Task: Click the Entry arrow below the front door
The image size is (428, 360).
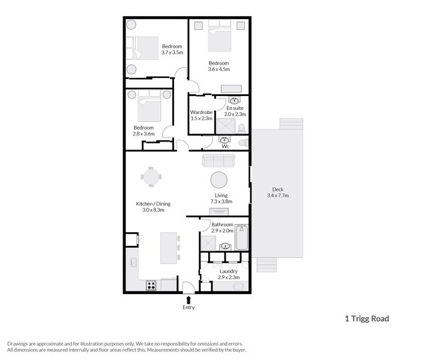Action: click(189, 299)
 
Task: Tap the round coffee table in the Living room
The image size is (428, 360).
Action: click(219, 181)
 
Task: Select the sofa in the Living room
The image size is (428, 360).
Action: click(219, 161)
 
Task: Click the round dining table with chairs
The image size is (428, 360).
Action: click(151, 177)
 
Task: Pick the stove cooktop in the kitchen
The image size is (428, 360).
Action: click(151, 286)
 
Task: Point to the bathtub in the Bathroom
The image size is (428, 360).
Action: click(242, 238)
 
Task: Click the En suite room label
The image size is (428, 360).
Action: click(235, 111)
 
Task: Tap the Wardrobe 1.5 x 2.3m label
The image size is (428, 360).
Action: click(201, 115)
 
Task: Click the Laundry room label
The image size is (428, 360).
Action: click(228, 274)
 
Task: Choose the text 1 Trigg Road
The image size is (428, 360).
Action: click(366, 319)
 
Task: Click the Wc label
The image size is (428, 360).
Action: click(225, 146)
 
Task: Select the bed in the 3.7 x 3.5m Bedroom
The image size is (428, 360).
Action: click(142, 48)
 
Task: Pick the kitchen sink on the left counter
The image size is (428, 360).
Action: click(133, 262)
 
